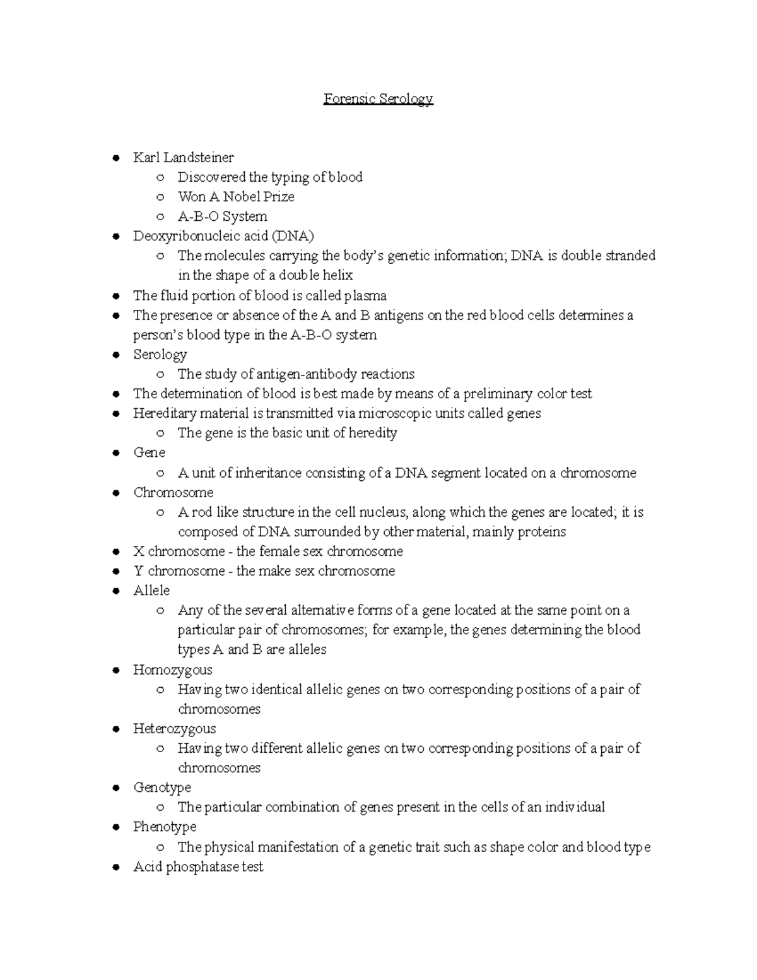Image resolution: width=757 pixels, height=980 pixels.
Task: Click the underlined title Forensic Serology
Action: click(378, 99)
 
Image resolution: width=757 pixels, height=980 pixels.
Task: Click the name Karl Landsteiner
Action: click(183, 157)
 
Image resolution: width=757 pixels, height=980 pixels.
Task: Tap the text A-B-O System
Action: click(222, 216)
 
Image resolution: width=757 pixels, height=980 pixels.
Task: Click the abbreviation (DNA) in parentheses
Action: click(292, 236)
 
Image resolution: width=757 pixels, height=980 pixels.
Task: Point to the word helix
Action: click(336, 275)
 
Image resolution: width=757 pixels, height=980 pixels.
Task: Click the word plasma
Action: click(365, 295)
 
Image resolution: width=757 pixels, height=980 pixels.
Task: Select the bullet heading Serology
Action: click(160, 355)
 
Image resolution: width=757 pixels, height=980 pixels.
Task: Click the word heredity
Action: click(372, 433)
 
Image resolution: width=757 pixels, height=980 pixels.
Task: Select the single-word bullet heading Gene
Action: click(149, 452)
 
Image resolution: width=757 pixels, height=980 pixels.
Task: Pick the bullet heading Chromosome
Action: click(173, 492)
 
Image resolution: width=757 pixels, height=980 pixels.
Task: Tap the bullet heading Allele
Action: click(151, 591)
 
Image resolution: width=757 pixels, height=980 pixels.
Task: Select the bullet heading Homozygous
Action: click(172, 670)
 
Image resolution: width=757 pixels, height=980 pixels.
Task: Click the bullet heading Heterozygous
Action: click(174, 729)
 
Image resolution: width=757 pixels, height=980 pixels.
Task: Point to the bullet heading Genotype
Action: click(161, 788)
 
